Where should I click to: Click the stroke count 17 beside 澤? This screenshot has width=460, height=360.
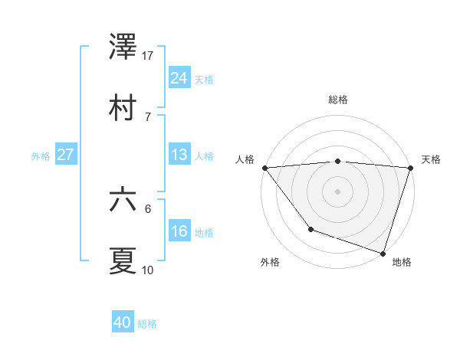148,55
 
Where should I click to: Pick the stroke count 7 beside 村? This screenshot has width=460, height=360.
148,116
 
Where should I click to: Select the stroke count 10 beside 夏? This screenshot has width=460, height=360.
148,270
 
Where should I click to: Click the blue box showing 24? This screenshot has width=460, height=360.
179,78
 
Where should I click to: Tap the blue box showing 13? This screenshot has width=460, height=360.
179,155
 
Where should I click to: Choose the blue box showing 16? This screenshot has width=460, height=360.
179,231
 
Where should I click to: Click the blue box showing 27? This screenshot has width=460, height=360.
65,155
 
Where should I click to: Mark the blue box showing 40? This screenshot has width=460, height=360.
123,323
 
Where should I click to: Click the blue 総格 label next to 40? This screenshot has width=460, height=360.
147,324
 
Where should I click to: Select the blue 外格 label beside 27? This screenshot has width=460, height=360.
41,155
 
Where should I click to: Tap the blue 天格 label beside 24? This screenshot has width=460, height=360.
203,79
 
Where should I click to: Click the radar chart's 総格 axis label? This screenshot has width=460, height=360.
337,100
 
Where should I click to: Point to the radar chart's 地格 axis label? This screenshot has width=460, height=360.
402,262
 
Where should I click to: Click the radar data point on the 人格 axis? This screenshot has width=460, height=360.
264,167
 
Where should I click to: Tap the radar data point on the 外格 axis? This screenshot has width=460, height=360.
310,229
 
